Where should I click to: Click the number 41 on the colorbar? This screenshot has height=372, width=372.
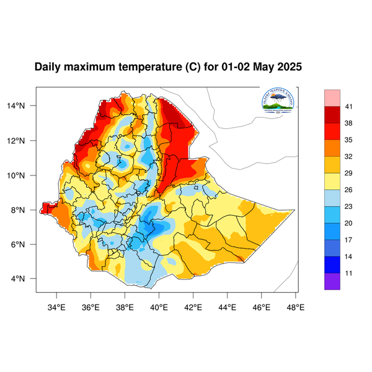349,107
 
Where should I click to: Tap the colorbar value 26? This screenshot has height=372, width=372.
349,190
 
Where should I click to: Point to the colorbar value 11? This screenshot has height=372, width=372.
349,273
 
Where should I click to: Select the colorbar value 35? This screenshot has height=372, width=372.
349,140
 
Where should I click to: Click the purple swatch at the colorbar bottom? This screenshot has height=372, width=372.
332,281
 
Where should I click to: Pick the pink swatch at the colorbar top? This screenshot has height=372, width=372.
332,97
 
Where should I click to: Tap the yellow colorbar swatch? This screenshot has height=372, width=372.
332,181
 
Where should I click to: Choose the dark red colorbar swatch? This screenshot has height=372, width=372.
332,115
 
